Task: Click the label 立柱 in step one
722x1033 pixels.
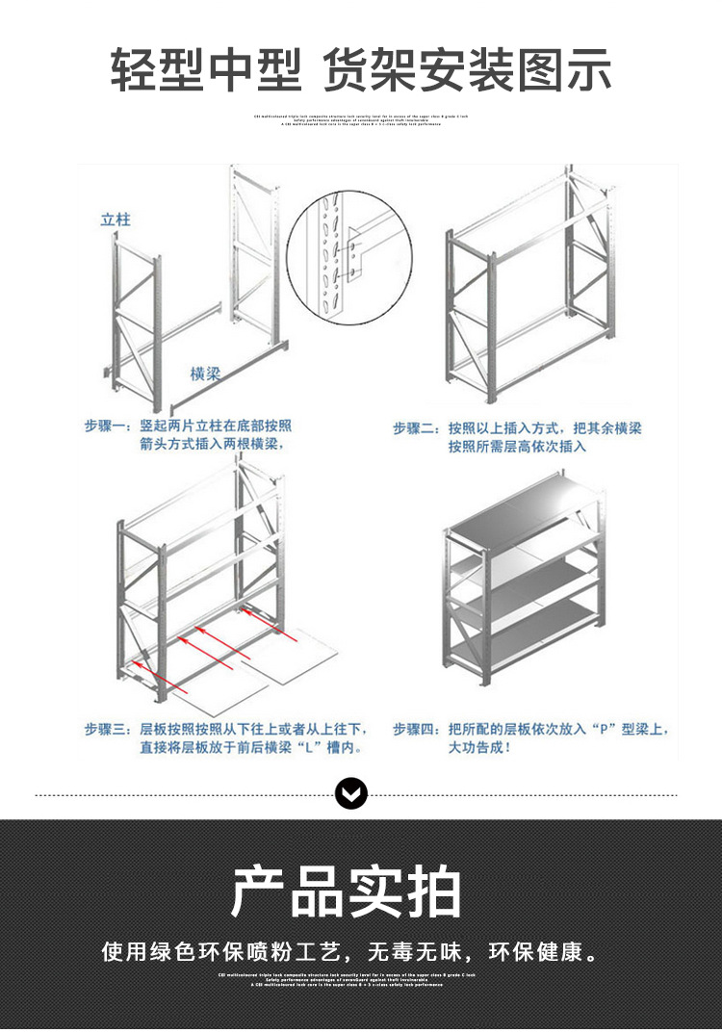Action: pos(116,220)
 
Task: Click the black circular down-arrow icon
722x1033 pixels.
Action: pos(351,794)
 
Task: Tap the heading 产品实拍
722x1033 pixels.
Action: pos(348,891)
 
